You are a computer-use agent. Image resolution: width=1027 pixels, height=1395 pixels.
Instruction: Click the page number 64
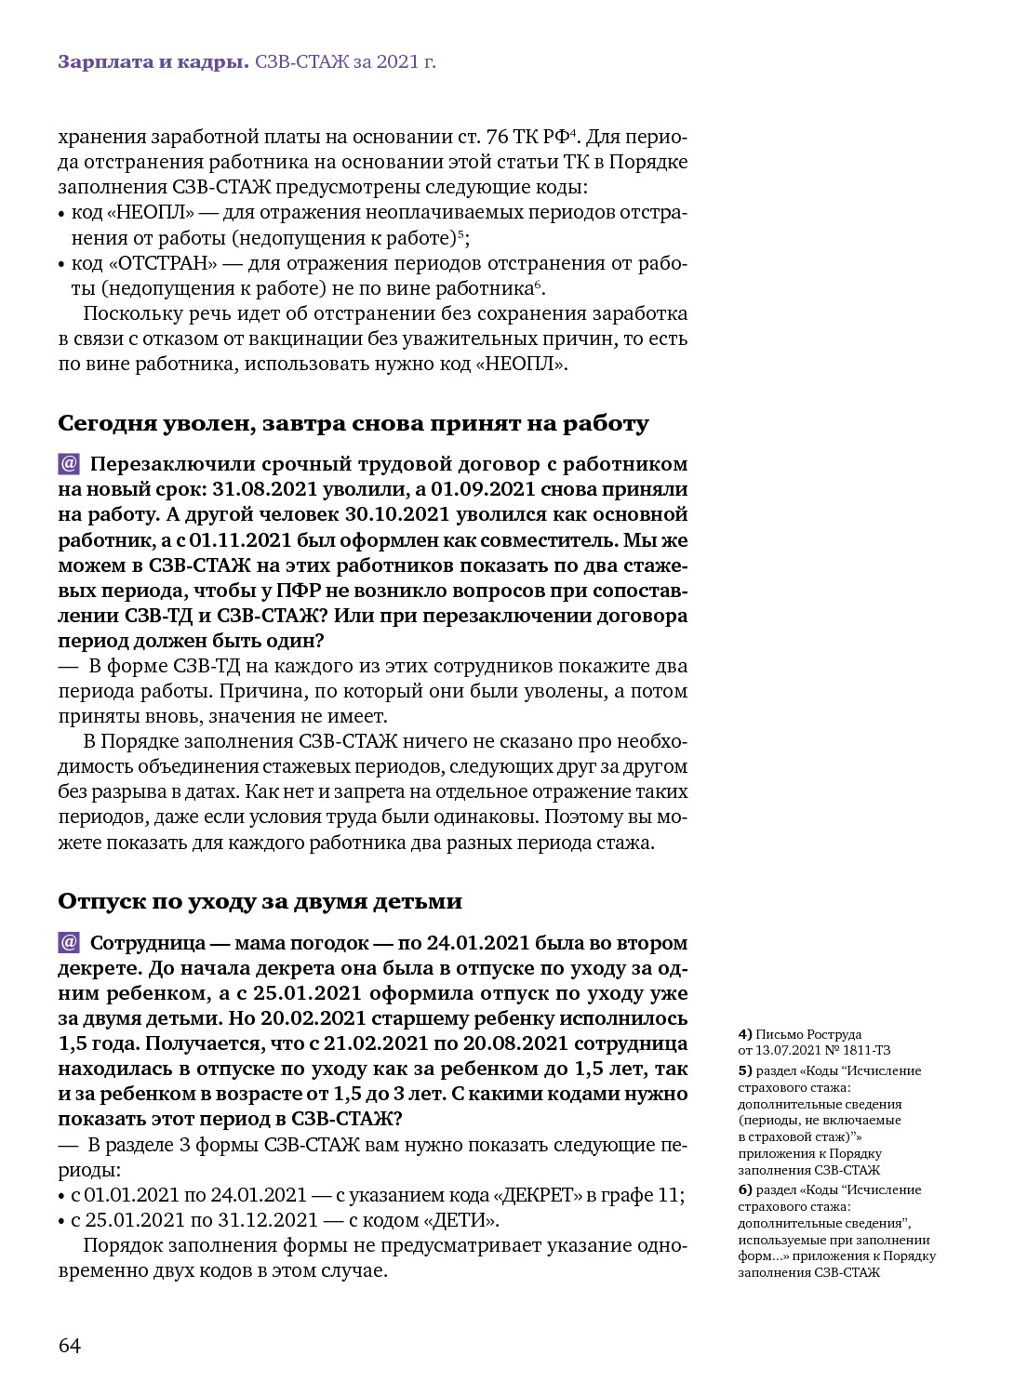pos(70,1346)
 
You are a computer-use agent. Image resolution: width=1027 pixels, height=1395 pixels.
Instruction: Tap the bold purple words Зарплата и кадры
pos(153,62)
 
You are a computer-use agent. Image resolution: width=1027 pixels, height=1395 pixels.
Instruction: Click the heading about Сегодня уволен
pos(353,424)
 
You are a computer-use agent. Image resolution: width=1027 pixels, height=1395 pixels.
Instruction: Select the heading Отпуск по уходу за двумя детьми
pos(260,901)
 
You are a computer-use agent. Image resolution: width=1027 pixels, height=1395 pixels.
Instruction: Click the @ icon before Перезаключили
pos(69,463)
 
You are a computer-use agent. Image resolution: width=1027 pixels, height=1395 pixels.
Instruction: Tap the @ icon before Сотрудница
pos(69,942)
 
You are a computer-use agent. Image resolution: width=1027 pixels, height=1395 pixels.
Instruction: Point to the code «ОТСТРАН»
pos(160,263)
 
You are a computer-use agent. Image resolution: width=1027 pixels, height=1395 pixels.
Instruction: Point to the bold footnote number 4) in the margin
pos(744,1034)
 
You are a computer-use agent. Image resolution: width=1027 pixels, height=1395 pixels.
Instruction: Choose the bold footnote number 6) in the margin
pos(744,1189)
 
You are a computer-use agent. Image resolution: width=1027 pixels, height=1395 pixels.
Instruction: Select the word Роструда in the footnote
pos(834,1034)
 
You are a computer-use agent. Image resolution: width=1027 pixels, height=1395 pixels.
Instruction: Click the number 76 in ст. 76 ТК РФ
pos(497,137)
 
